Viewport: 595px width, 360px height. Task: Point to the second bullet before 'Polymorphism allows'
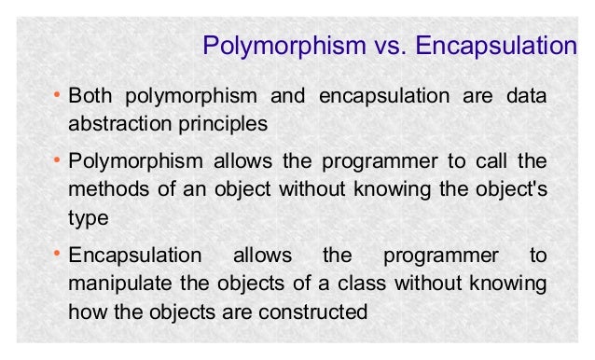click(x=59, y=162)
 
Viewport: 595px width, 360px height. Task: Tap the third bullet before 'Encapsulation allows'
click(x=59, y=255)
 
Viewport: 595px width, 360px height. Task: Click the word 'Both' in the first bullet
click(x=90, y=98)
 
